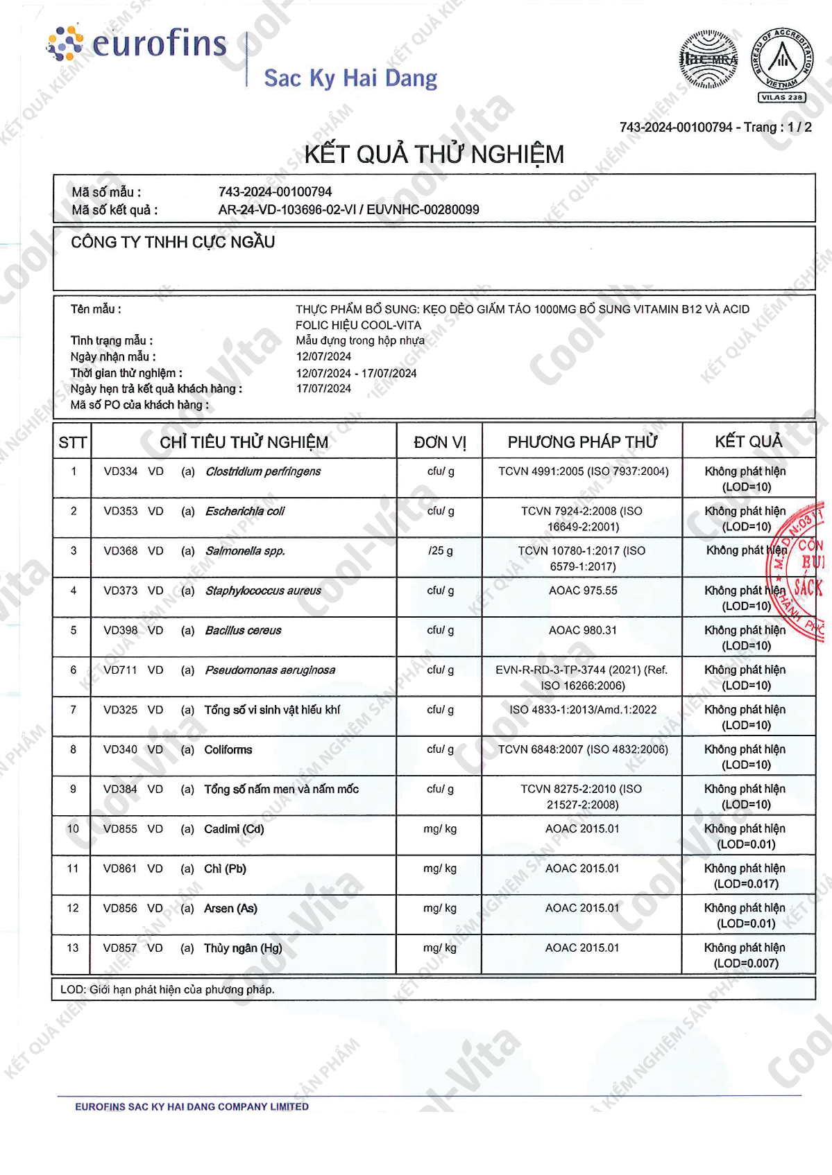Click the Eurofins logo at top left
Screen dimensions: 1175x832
pos(137,44)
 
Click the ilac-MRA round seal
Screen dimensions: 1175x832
pos(708,60)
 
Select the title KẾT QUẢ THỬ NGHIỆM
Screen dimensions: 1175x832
pos(434,154)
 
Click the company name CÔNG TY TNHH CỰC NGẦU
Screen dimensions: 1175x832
pos(173,242)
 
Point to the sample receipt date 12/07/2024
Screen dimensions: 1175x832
pos(323,356)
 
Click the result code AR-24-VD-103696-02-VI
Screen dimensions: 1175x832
pos(285,209)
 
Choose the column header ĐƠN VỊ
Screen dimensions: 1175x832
pos(440,442)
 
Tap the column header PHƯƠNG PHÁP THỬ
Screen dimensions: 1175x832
pos(582,442)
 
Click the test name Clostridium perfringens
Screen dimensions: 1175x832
pos(263,471)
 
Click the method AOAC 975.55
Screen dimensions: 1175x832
pos(583,591)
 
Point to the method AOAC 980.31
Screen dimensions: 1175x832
pos(583,630)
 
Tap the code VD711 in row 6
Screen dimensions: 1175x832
pos(121,670)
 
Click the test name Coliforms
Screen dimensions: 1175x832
pos(228,749)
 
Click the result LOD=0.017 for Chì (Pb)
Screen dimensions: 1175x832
pos(746,884)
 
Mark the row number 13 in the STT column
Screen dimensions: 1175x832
pos(73,948)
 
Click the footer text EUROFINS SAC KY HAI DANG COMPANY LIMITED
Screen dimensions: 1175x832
pos(192,1106)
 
